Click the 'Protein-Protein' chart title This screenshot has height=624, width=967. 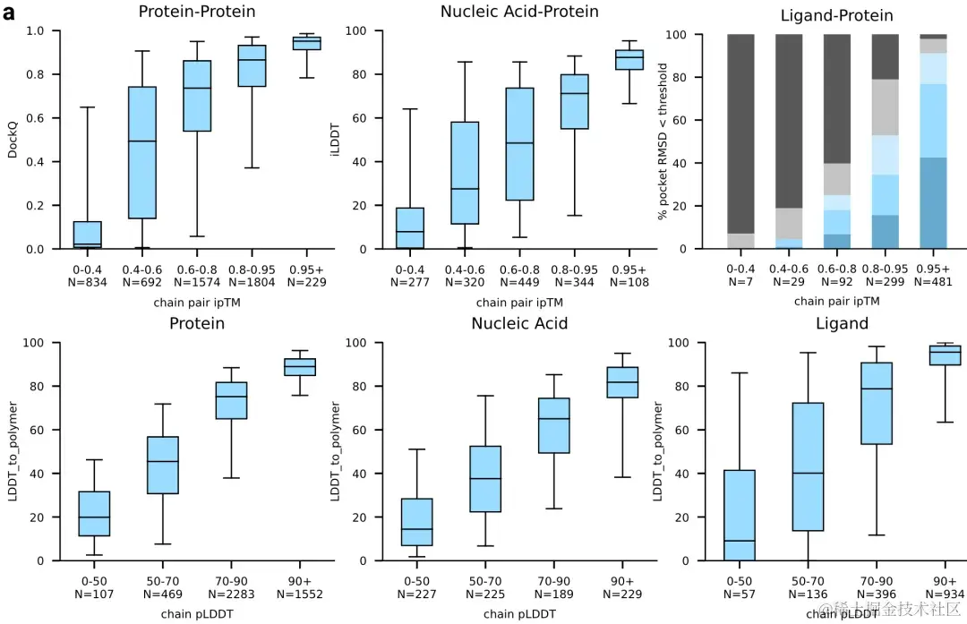pos(197,12)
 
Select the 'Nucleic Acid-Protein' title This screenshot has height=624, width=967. pos(519,12)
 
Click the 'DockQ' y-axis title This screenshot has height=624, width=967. pos(13,140)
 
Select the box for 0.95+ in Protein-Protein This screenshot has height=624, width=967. pos(308,43)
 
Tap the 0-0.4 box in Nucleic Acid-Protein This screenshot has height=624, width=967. pos(409,228)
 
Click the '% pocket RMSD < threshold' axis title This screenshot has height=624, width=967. pos(663,141)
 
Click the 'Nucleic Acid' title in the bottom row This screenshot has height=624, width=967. pos(519,323)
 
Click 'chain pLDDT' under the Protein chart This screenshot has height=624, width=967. pos(197,613)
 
